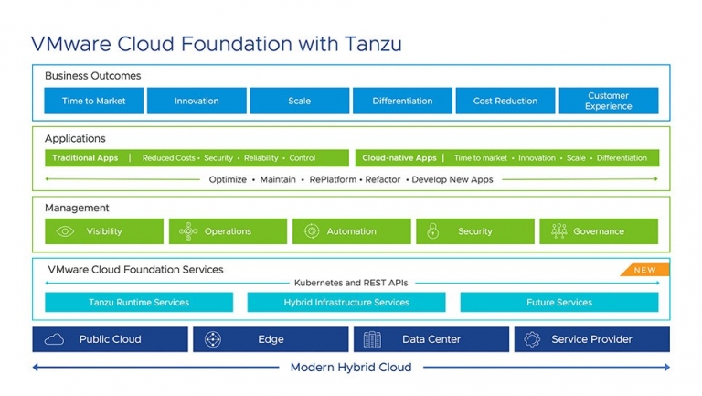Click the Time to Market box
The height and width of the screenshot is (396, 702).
(93, 101)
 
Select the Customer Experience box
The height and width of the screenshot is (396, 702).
(609, 101)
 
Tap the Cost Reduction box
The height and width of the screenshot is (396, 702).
(505, 101)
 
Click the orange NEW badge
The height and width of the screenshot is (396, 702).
(644, 270)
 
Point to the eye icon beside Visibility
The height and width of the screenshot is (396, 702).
(65, 231)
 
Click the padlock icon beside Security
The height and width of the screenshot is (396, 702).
(432, 230)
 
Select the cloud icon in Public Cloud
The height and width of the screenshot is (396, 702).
(54, 339)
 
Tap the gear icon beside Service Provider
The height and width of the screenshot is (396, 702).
(532, 339)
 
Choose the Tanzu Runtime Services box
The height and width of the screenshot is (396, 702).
(139, 302)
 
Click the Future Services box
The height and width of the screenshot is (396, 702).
(559, 302)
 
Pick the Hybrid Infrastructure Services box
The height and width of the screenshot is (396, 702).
(346, 302)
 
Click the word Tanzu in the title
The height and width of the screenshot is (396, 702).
(373, 44)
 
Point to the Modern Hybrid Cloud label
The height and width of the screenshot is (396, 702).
(351, 368)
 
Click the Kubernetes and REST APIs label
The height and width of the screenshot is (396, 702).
(351, 283)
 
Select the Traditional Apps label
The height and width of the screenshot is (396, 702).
(85, 157)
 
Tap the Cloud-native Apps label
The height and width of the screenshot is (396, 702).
(399, 157)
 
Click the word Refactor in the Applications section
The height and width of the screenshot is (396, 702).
(383, 179)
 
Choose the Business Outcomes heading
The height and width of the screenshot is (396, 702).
(92, 76)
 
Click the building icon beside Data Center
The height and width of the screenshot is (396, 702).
(372, 339)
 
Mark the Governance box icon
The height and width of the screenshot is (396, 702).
(559, 231)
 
